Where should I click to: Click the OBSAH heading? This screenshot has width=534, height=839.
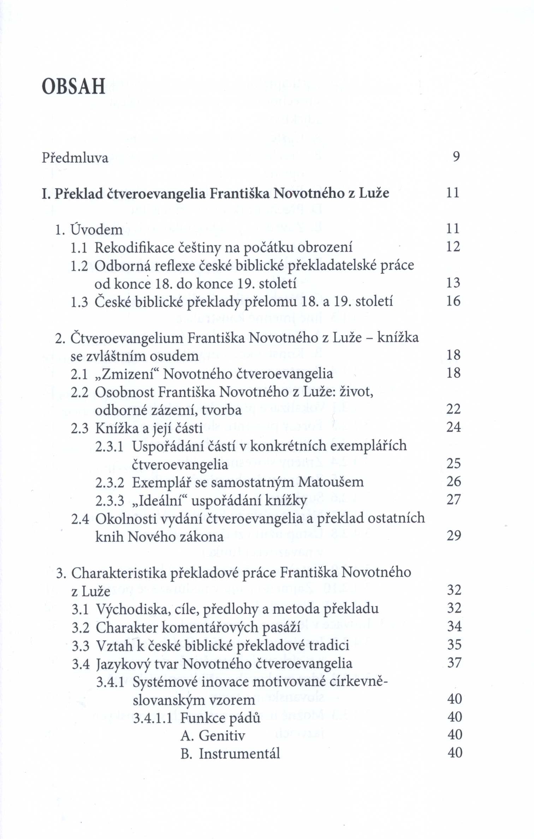pos(73,86)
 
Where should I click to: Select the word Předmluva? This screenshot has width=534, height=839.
pos(75,157)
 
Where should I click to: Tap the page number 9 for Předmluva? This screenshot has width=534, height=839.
pos(456,156)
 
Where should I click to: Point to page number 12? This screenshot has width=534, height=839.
pos(453,246)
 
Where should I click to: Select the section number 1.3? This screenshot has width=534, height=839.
pos(79,302)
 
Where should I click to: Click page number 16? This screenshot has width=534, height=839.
pos(453,301)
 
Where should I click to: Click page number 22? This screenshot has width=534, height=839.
pos(454,409)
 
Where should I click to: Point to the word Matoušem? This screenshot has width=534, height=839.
pos(331,482)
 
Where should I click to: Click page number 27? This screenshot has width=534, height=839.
pos(454,500)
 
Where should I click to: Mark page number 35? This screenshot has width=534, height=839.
pos(455,645)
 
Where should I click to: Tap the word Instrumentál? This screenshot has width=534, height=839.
pos(239,754)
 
